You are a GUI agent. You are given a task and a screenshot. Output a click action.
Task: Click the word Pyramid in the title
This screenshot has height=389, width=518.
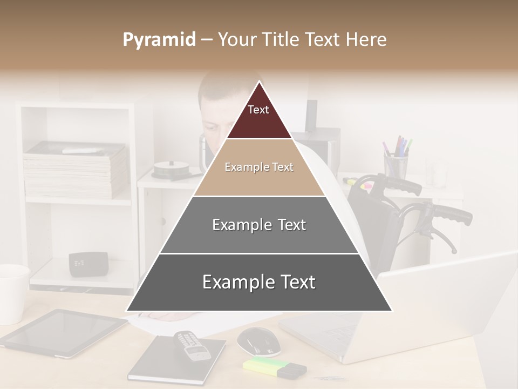[x=159, y=40]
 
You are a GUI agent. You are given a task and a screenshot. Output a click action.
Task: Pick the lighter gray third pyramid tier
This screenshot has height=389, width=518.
[x=259, y=225]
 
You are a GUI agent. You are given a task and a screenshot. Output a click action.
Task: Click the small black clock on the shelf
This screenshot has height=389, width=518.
[x=87, y=264]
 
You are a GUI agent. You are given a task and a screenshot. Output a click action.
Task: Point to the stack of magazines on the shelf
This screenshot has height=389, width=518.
[x=76, y=170]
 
